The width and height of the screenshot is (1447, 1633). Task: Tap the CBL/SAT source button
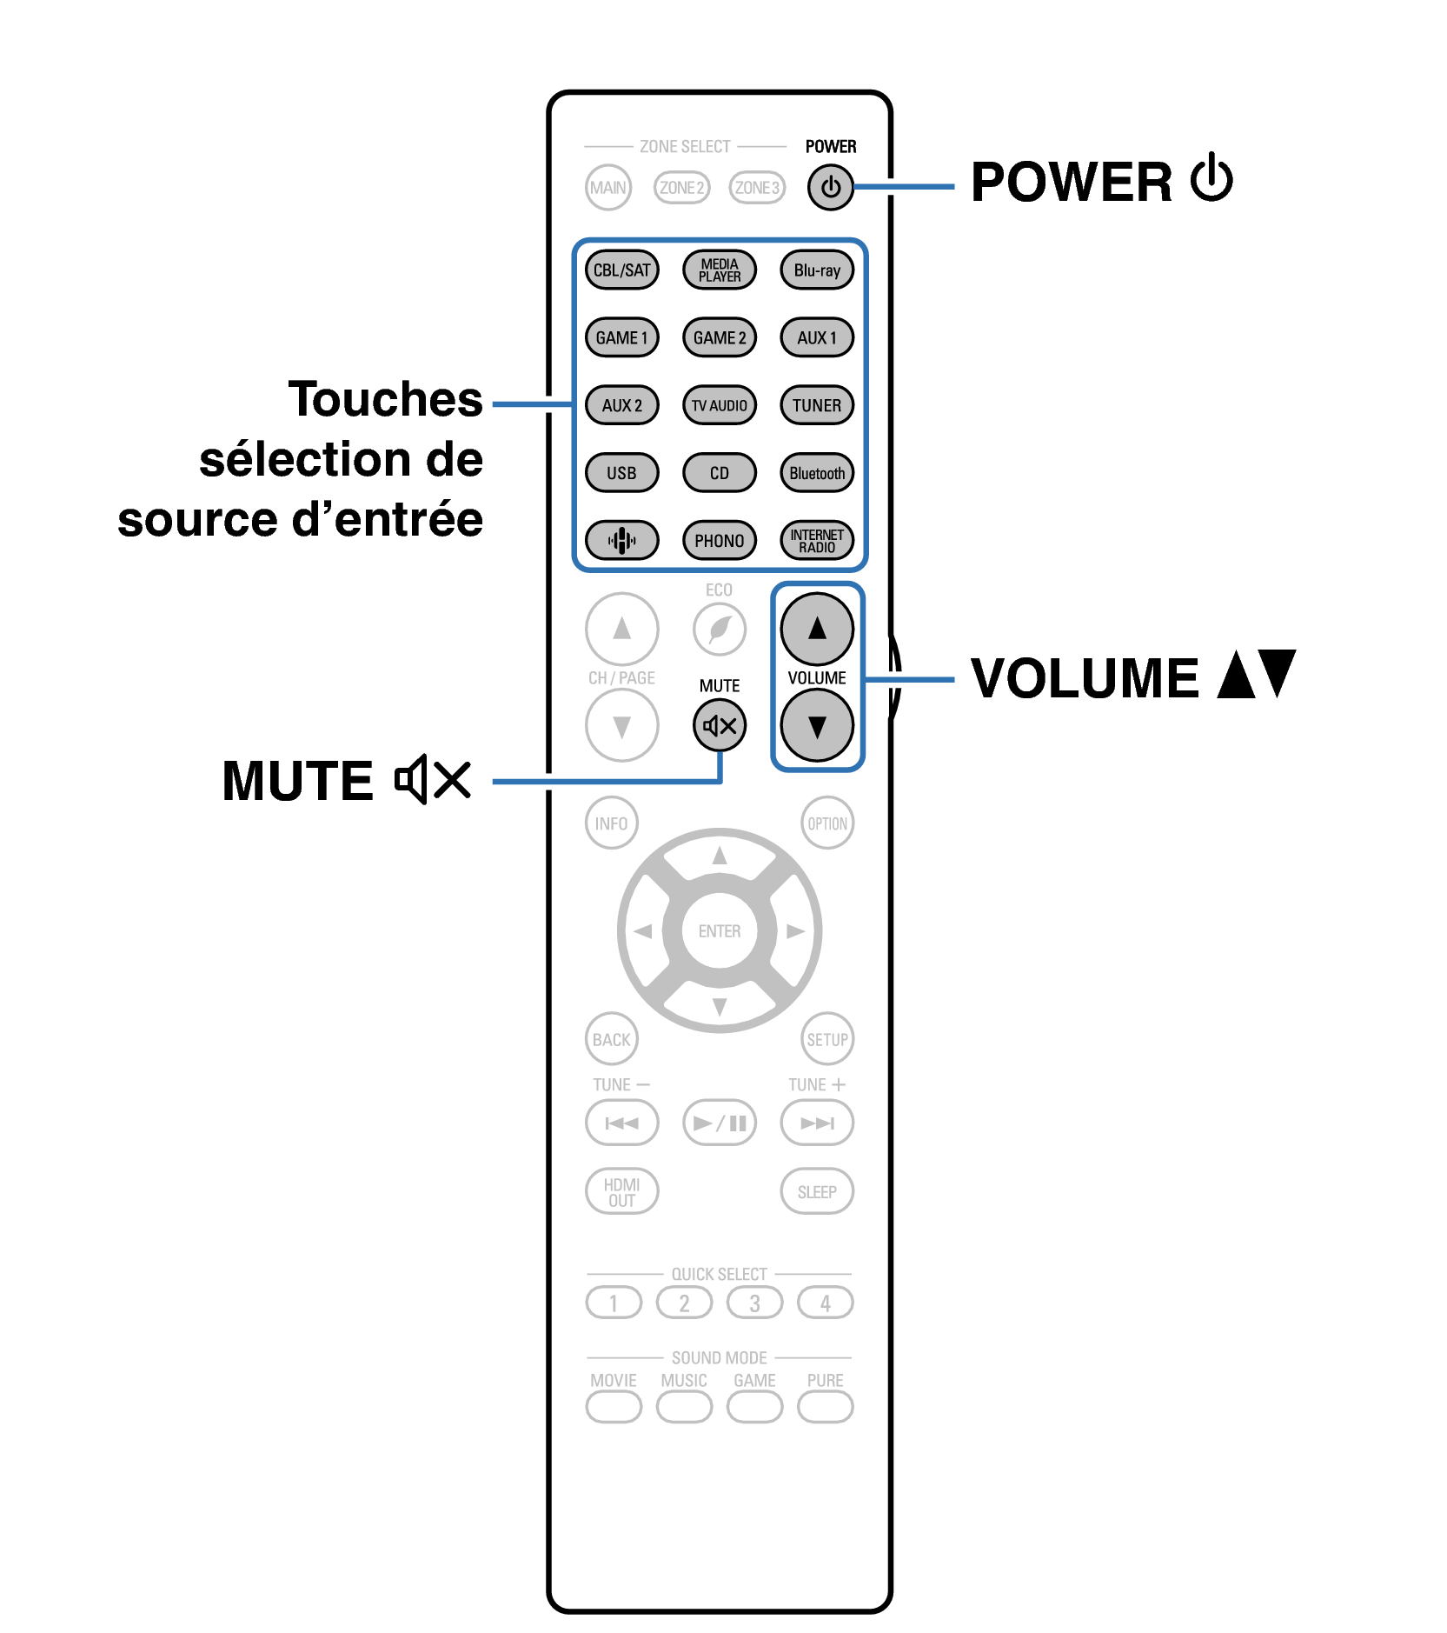point(621,270)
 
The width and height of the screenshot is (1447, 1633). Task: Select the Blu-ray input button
point(817,270)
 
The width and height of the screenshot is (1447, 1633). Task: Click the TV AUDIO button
point(720,405)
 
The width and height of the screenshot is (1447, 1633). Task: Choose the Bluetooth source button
point(817,473)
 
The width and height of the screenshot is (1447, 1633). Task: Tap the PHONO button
point(720,540)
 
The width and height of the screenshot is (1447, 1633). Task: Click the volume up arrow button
point(817,629)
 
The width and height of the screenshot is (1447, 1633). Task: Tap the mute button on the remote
point(720,725)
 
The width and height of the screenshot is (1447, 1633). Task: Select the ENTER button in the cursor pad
point(720,931)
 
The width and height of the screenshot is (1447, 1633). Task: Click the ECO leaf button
point(720,629)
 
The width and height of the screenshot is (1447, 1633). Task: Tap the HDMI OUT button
point(621,1191)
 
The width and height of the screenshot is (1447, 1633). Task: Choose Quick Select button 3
point(754,1303)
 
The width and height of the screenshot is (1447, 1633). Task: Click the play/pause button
point(720,1123)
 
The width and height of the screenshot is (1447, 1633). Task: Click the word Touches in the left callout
point(385,399)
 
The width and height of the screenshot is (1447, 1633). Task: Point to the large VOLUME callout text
point(1085,678)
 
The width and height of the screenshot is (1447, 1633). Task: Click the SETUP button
point(827,1039)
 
